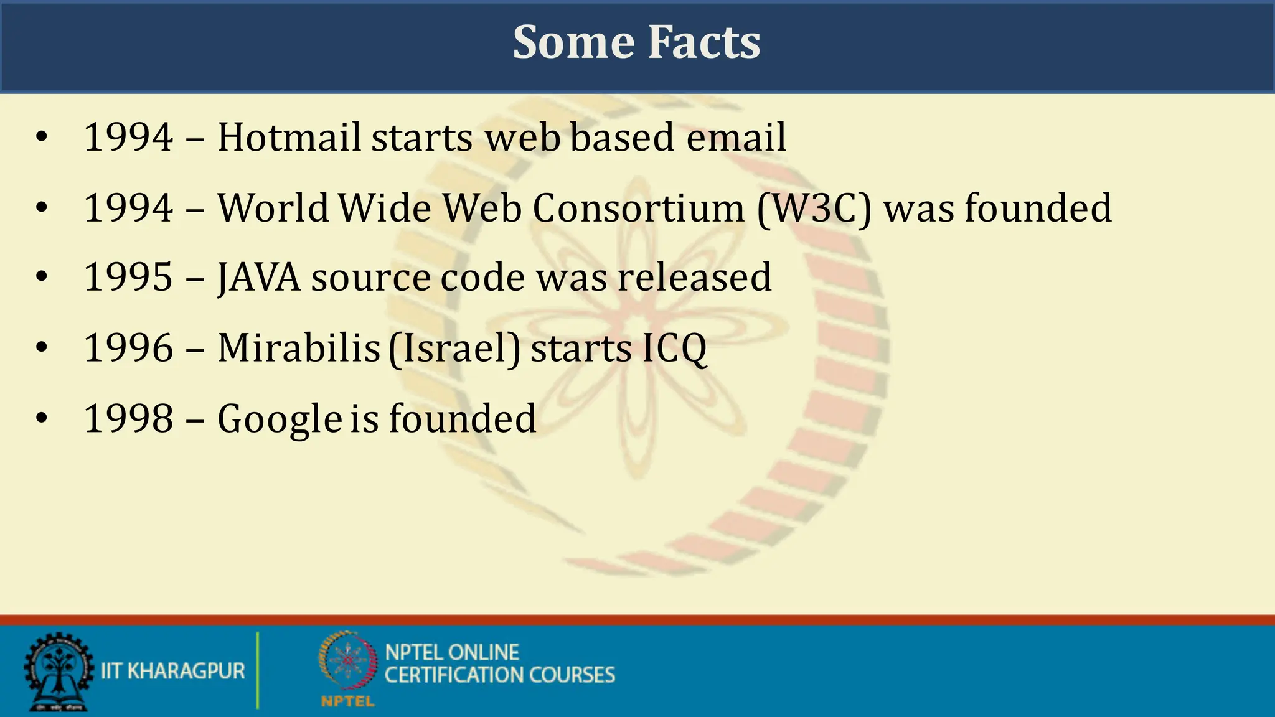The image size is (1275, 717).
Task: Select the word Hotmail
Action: click(289, 138)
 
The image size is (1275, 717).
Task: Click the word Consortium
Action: click(638, 209)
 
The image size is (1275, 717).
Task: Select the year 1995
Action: click(128, 278)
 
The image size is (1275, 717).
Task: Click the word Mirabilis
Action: click(299, 348)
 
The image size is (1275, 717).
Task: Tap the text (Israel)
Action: click(454, 349)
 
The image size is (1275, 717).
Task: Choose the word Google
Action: click(280, 419)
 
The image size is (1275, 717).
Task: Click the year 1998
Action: click(128, 418)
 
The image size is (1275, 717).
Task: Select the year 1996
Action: click(128, 348)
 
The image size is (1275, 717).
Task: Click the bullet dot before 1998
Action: click(42, 418)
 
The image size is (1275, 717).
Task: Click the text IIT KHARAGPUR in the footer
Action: click(173, 671)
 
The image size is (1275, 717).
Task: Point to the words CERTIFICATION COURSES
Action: click(499, 675)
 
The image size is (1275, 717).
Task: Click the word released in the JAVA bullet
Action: click(694, 278)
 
